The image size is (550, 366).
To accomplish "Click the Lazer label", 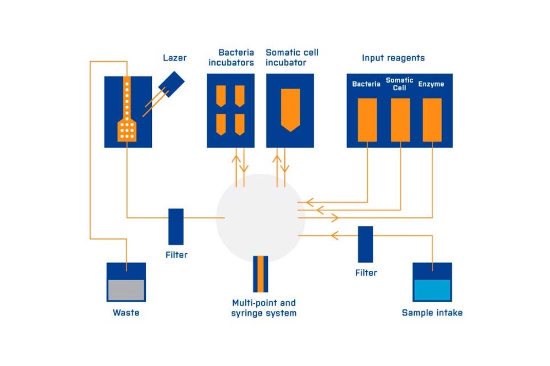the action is click(174, 58).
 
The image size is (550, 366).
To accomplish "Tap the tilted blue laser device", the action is click(171, 84).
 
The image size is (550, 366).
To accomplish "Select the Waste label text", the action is click(126, 313).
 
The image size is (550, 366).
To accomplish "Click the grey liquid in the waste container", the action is click(127, 290).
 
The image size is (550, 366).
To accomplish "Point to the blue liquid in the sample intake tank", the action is click(432, 290).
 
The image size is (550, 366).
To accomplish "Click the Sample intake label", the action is click(432, 313).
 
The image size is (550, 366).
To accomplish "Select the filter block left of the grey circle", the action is click(176, 227).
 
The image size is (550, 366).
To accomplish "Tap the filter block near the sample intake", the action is click(366, 244).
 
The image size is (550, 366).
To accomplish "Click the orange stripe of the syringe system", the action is click(261, 274).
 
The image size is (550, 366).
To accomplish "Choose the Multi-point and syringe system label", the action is click(264, 308).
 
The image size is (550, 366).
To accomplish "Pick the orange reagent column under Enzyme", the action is click(432, 120).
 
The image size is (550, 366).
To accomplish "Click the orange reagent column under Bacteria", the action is click(367, 120).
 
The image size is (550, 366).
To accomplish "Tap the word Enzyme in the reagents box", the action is click(431, 84).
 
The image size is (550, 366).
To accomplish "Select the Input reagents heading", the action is click(393, 58).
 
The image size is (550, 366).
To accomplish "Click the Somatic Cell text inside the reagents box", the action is click(399, 84).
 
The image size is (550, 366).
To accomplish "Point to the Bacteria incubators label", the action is click(231, 58).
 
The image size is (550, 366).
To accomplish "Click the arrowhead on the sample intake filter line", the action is click(334, 236).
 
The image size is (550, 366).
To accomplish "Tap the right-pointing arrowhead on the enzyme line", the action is click(335, 217).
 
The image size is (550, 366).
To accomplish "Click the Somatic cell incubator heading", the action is click(292, 58).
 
